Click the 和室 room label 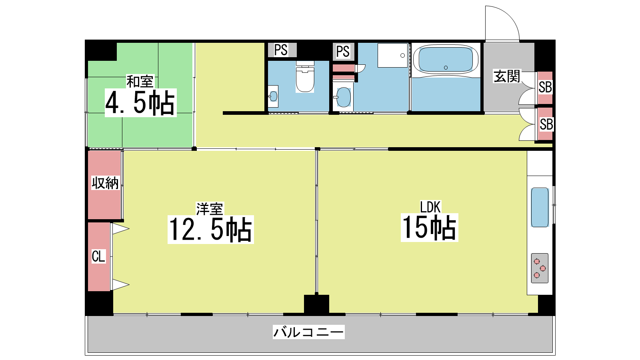click(x=140, y=82)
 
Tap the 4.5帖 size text click(x=140, y=102)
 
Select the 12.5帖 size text click(x=211, y=230)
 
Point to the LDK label click(x=430, y=207)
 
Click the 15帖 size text click(x=429, y=228)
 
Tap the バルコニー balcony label click(x=308, y=332)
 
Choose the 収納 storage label click(x=105, y=183)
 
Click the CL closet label click(x=98, y=256)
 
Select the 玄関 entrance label click(x=507, y=76)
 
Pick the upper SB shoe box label click(x=545, y=88)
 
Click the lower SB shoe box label click(x=546, y=124)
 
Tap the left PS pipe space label click(x=281, y=50)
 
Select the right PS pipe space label click(x=343, y=52)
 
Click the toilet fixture click(x=305, y=76)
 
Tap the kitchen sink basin click(x=540, y=207)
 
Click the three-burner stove click(x=540, y=268)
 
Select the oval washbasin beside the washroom click(x=344, y=97)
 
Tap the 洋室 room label click(x=210, y=209)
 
